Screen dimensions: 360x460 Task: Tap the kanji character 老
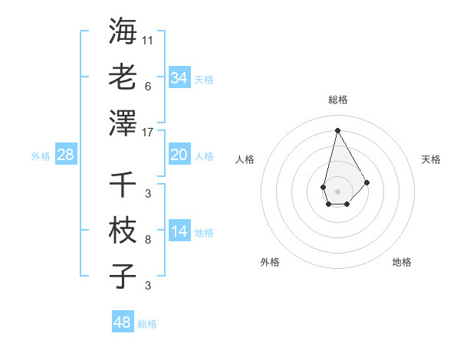123,77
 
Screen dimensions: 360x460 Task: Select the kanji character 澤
123,123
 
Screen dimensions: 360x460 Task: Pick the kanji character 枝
123,230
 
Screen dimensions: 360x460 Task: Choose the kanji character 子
123,276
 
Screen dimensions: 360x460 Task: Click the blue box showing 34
179,77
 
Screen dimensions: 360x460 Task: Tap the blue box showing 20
179,155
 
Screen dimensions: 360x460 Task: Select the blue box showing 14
179,231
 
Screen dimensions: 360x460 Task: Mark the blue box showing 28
66,155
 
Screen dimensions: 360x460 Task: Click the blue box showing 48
123,322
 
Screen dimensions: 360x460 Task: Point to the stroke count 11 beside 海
148,39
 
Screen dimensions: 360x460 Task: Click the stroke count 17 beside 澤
148,131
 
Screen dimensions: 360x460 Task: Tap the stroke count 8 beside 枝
148,240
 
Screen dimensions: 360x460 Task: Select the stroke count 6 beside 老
148,86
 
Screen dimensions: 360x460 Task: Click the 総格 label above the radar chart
337,100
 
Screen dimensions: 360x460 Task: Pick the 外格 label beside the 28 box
41,156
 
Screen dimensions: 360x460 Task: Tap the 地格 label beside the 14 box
204,233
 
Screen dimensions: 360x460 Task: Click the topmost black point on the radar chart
337,129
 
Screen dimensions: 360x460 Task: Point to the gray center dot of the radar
337,190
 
